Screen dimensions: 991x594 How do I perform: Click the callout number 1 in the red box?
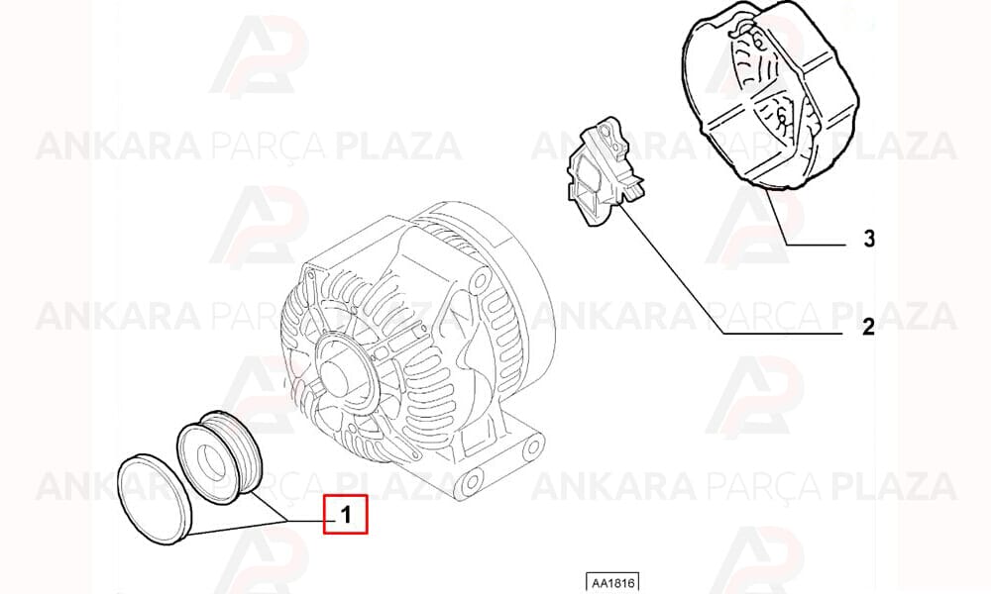tap(346, 515)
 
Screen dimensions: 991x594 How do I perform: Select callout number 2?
tap(868, 327)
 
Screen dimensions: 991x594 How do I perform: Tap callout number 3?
tap(870, 239)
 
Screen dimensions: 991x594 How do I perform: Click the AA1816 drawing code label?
tap(612, 582)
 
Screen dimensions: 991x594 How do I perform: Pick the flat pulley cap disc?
tap(156, 499)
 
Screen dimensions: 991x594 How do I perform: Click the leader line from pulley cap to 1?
tap(238, 527)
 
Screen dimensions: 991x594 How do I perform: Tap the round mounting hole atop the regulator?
tap(606, 132)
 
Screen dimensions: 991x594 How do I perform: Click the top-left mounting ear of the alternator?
tap(309, 275)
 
